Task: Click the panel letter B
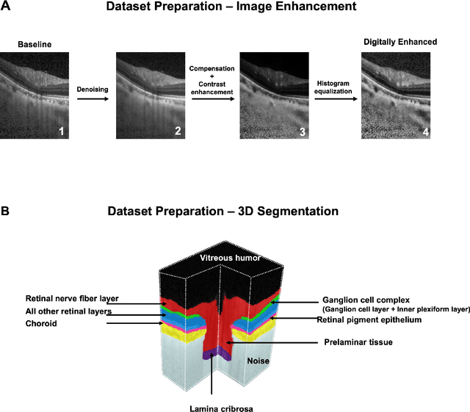(6, 211)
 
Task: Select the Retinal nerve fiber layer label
(72, 299)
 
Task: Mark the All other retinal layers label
(68, 311)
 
